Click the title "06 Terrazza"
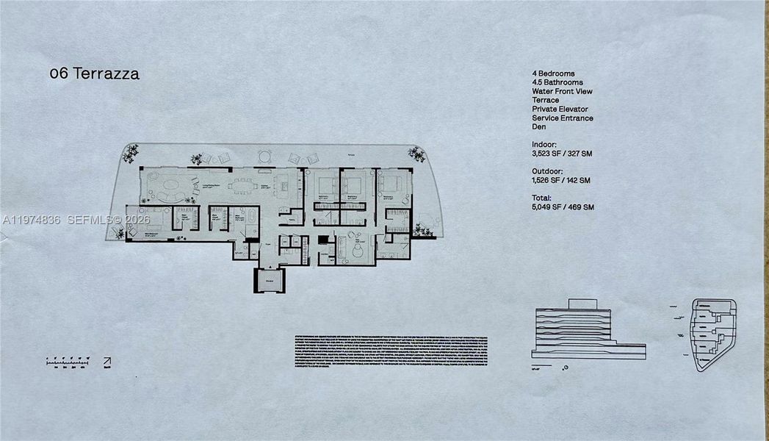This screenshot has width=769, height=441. pos(94,73)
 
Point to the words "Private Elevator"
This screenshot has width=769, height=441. pos(560,109)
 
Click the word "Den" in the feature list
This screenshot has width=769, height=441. pos(539,126)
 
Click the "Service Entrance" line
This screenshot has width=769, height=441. pos(563,118)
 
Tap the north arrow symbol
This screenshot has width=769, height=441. pos(107,362)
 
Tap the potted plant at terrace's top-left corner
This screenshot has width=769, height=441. pos(131,153)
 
